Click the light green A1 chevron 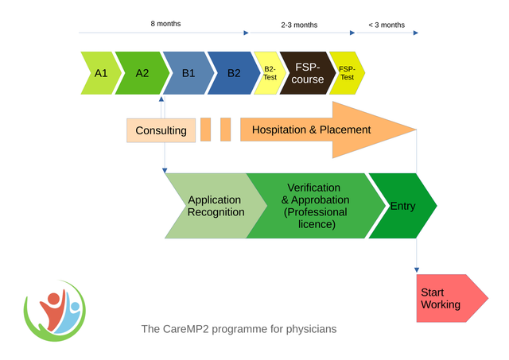coord(99,73)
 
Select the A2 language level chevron coord(142,73)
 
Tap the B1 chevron coord(188,73)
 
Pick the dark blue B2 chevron coord(233,73)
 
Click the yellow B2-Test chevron coord(269,73)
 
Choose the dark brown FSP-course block coord(306,73)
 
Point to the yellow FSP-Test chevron coord(347,73)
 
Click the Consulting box coord(161,130)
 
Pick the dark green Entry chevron coord(402,206)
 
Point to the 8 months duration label coord(165,24)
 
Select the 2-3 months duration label coord(299,25)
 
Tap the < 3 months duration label coord(387,25)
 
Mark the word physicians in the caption coord(311,328)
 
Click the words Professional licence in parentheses coord(316,219)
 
